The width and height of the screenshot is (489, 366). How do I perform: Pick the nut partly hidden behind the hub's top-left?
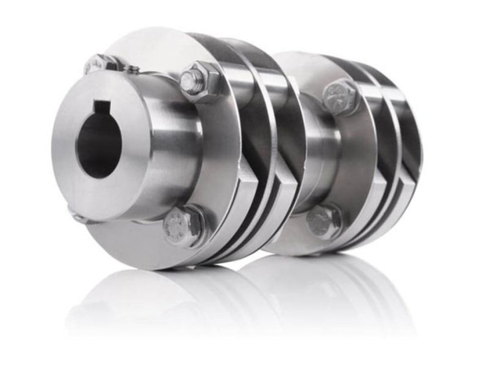coord(95,65)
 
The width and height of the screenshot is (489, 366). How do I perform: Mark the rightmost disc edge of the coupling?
coord(418,154)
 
